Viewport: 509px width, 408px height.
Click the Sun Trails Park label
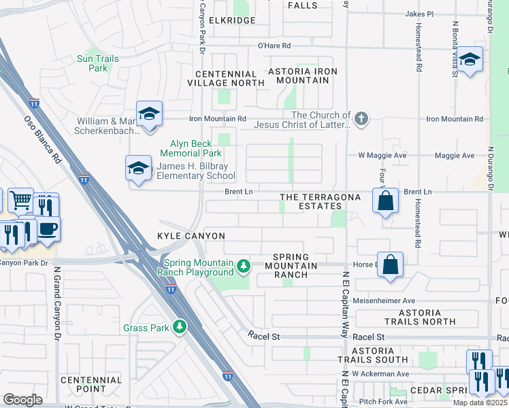(x=98, y=63)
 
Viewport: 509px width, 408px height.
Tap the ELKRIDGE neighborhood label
(x=232, y=20)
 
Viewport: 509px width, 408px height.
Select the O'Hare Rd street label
(x=274, y=46)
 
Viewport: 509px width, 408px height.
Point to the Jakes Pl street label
(x=418, y=14)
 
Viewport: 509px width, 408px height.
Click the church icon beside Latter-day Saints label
(x=361, y=119)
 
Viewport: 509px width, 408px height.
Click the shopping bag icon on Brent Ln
(x=385, y=201)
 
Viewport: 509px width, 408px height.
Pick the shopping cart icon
(x=20, y=200)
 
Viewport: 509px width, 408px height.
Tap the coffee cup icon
(x=47, y=229)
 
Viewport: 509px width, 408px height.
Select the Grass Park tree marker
(x=180, y=328)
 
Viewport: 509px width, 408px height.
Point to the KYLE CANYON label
(x=191, y=236)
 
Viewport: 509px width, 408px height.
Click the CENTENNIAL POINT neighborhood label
(x=91, y=385)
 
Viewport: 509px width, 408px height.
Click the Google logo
(x=22, y=400)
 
